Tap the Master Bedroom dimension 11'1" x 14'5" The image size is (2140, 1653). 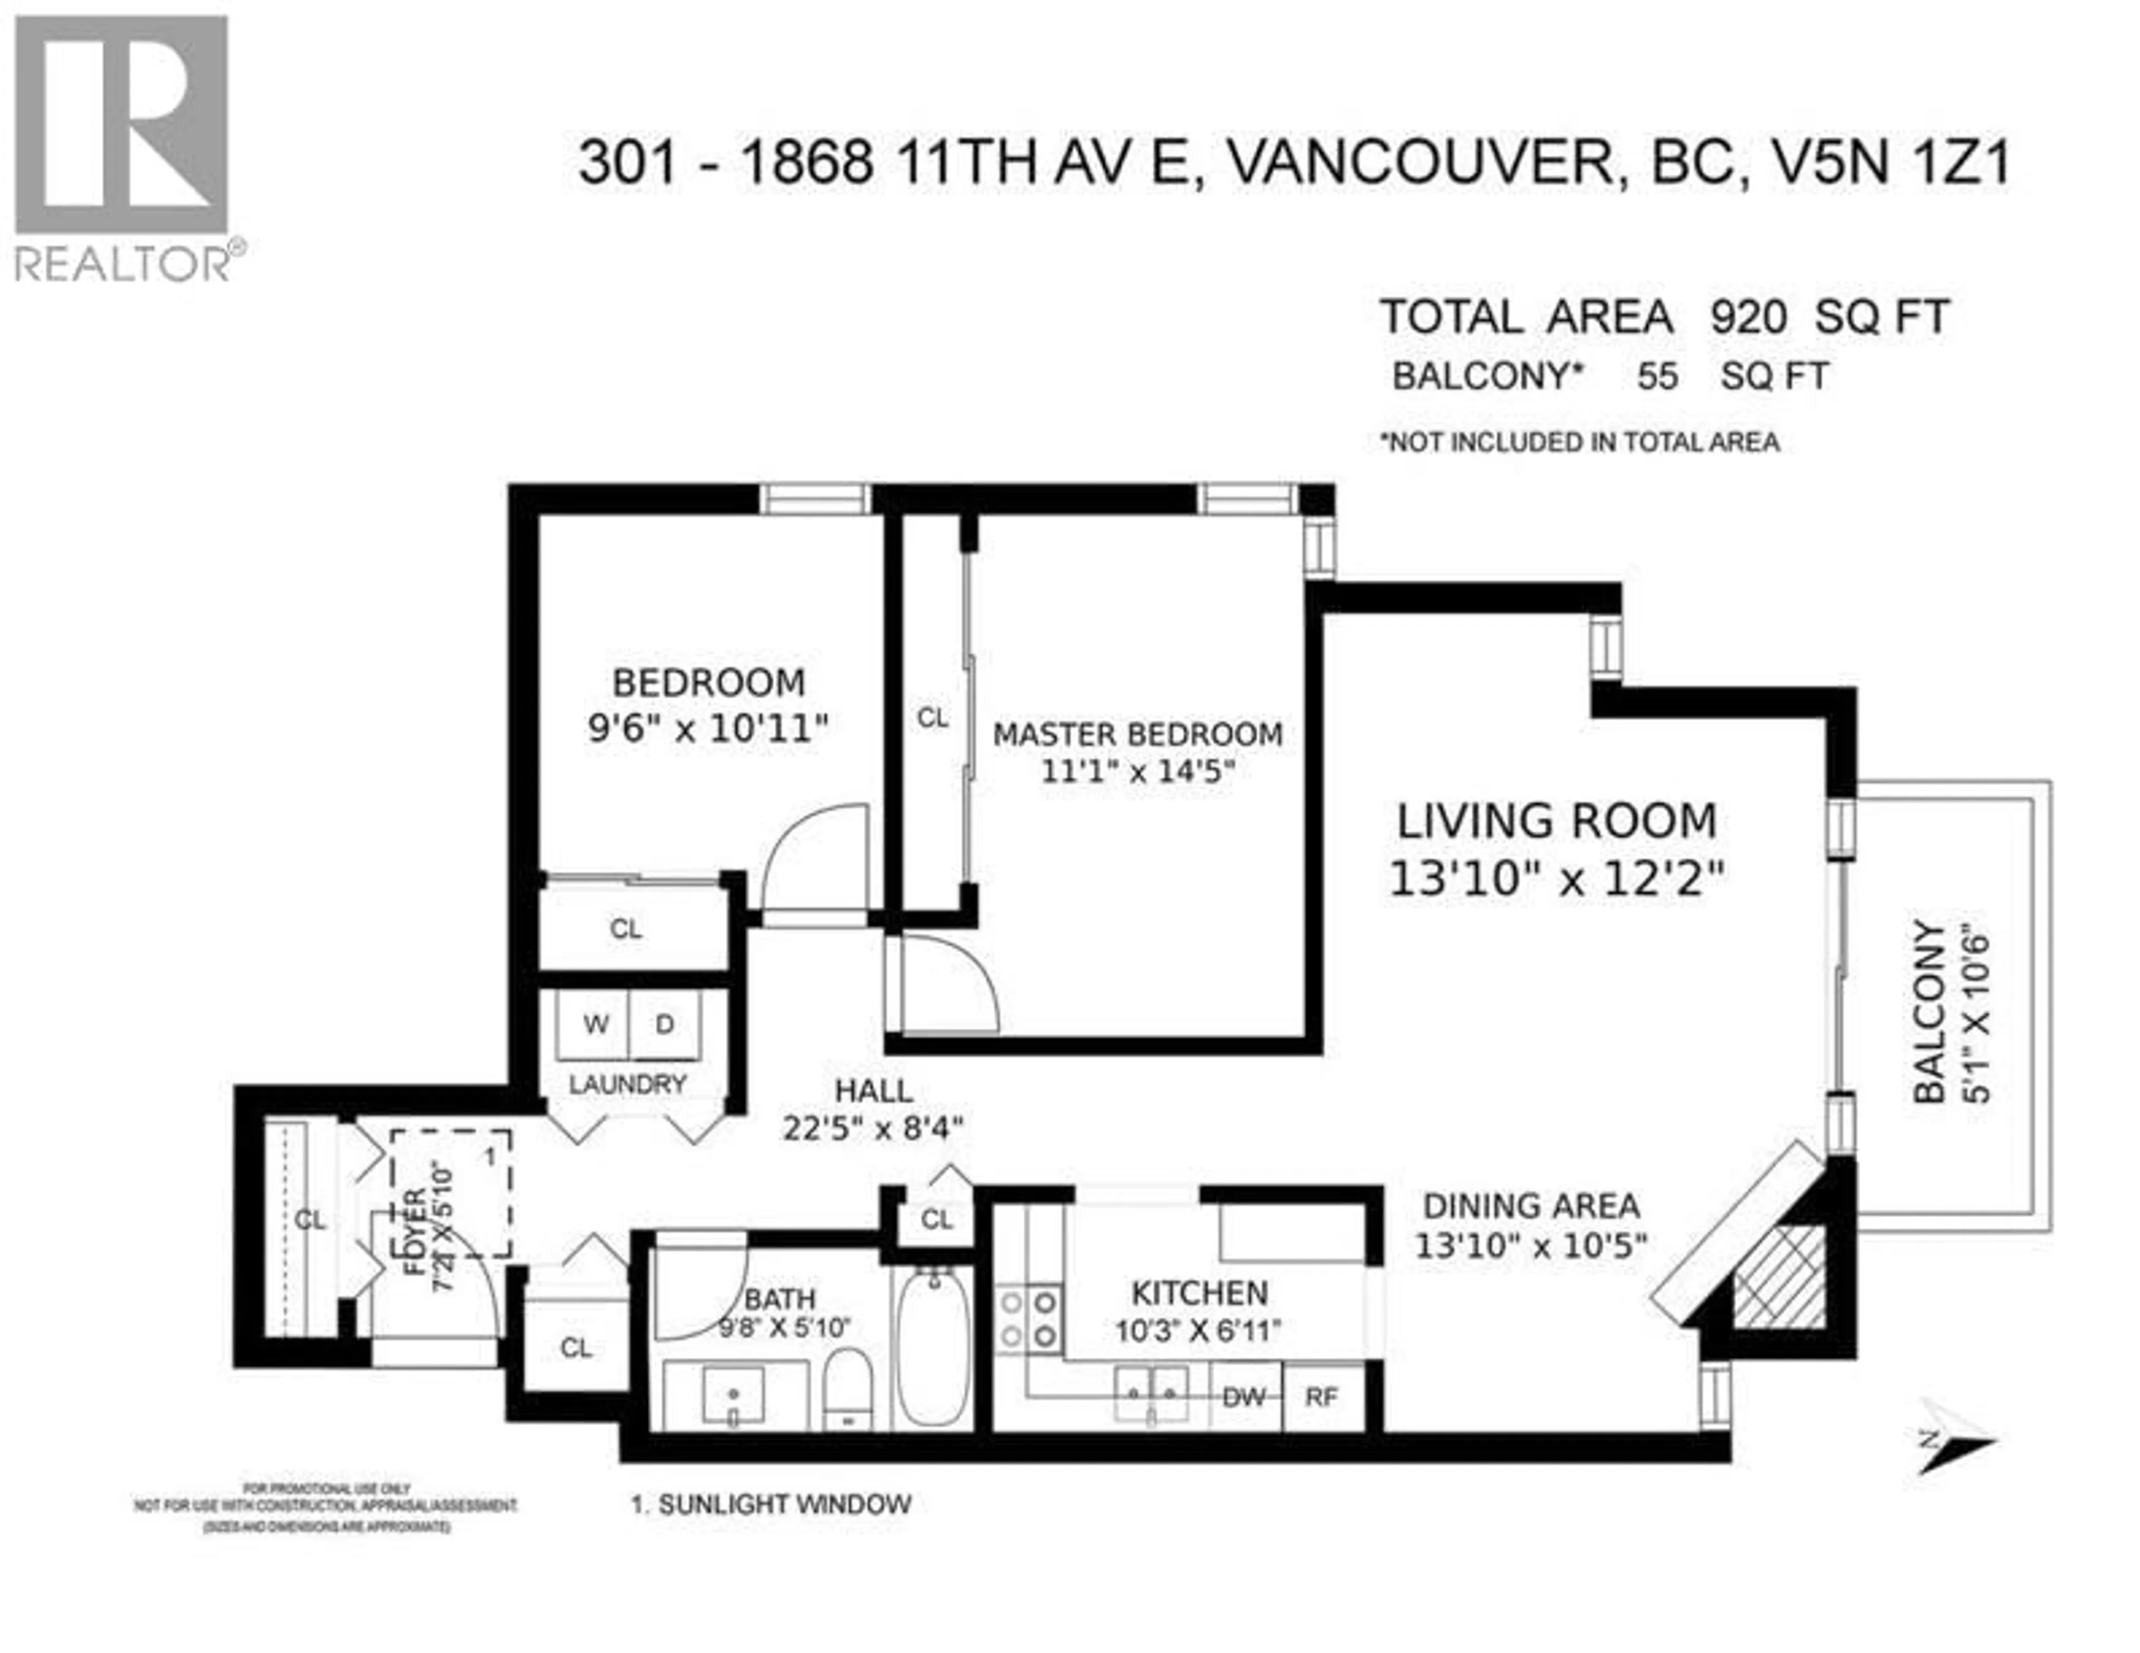1137,771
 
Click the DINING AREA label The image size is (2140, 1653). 1530,1205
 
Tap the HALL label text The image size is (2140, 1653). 873,1090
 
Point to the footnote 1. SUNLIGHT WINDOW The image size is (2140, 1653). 771,1504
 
